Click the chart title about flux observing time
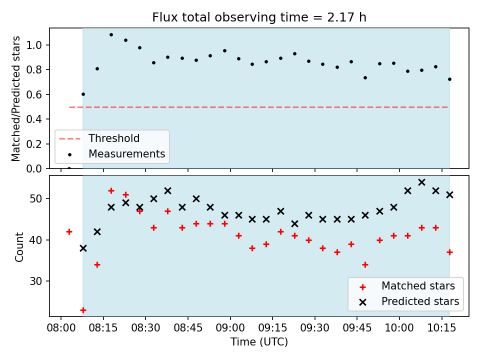point(259,17)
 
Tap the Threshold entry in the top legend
point(114,138)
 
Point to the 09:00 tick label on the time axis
point(230,328)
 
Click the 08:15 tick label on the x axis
point(103,328)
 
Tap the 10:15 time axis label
point(441,328)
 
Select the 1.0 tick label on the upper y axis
point(33,45)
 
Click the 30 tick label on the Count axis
point(36,281)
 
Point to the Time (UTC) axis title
point(259,341)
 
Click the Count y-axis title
point(19,246)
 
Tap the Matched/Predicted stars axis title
point(15,98)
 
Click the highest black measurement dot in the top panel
point(111,35)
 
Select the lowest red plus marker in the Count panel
point(83,310)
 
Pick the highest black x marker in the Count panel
point(421,182)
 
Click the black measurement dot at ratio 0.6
point(83,94)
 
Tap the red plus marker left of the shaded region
point(69,231)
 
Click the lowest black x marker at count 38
point(83,248)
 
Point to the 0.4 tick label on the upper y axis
point(33,119)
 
